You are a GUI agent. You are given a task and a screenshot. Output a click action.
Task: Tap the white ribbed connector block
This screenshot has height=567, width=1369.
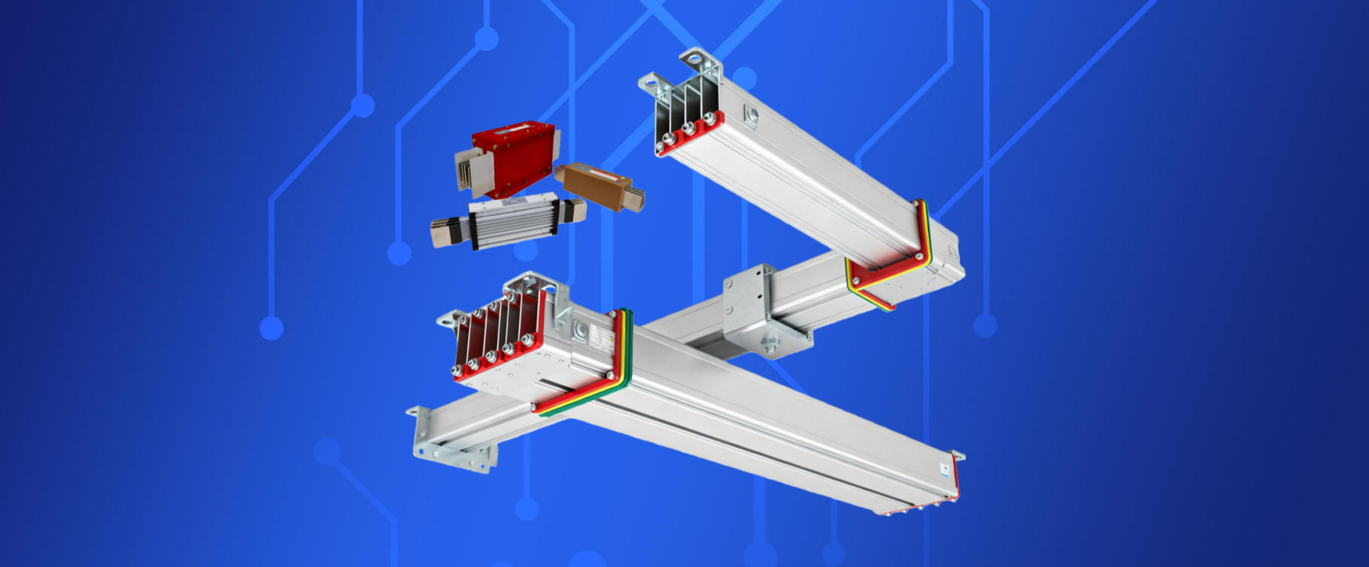pyautogui.click(x=512, y=222)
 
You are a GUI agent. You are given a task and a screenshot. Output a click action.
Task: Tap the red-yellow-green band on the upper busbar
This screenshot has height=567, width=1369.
pyautogui.click(x=888, y=256)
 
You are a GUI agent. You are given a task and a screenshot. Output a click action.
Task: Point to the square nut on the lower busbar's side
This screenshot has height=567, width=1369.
pyautogui.click(x=580, y=331)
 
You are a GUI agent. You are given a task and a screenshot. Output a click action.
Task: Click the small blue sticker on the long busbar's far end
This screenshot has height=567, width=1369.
pyautogui.click(x=945, y=470)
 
